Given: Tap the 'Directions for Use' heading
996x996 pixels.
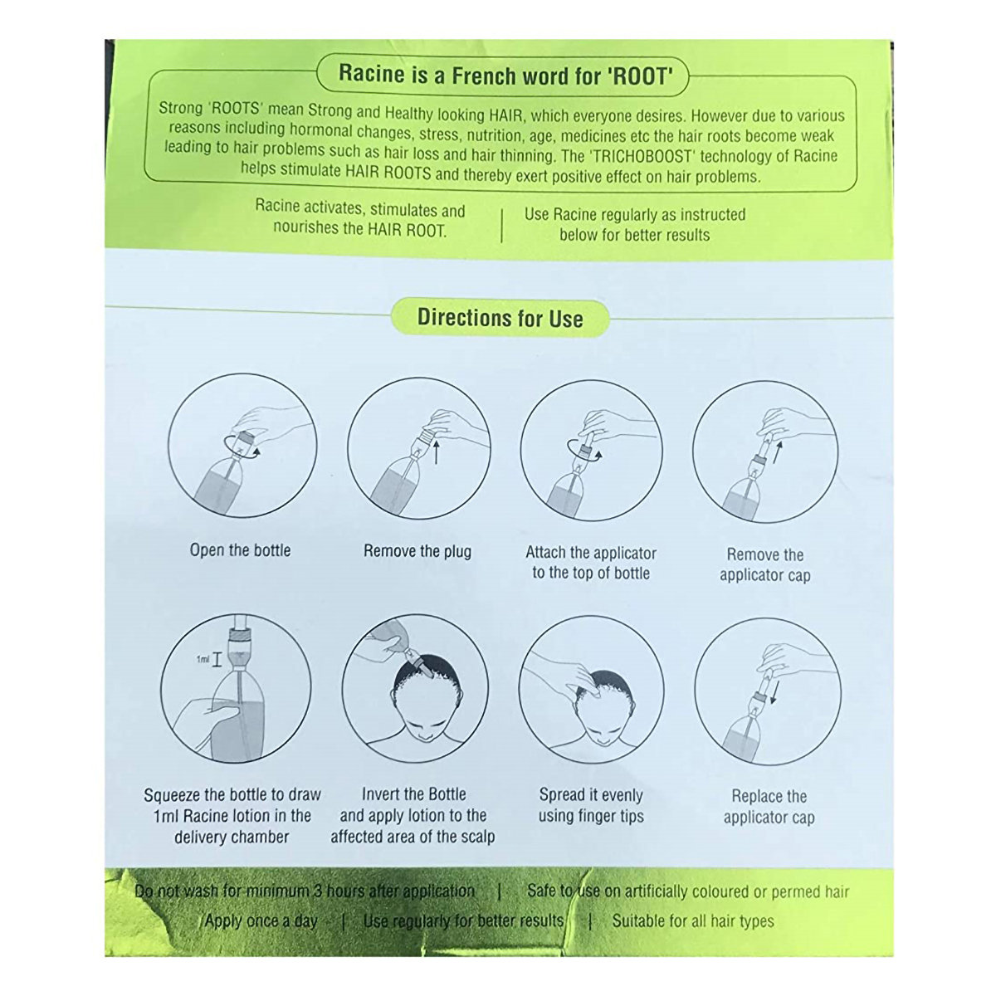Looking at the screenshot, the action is coord(500,318).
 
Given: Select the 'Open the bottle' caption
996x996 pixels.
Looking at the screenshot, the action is coord(241,550).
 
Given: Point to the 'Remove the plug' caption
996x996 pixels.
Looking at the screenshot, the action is coord(417,551).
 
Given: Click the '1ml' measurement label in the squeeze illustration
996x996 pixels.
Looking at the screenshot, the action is coord(203,660).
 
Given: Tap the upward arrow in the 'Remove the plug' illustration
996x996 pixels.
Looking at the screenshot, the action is coord(436,452).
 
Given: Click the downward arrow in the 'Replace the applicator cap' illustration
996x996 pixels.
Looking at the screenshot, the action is coord(774,691).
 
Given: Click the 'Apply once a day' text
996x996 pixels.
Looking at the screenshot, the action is coord(261,920).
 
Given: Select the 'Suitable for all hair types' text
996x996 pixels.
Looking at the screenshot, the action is coord(693,920).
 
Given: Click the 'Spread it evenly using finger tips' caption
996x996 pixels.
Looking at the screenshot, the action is coord(591,805).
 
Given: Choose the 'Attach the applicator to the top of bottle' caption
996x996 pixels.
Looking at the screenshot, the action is coord(591,563).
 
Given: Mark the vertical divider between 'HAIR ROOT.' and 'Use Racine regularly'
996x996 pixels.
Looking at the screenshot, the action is coord(501,226).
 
